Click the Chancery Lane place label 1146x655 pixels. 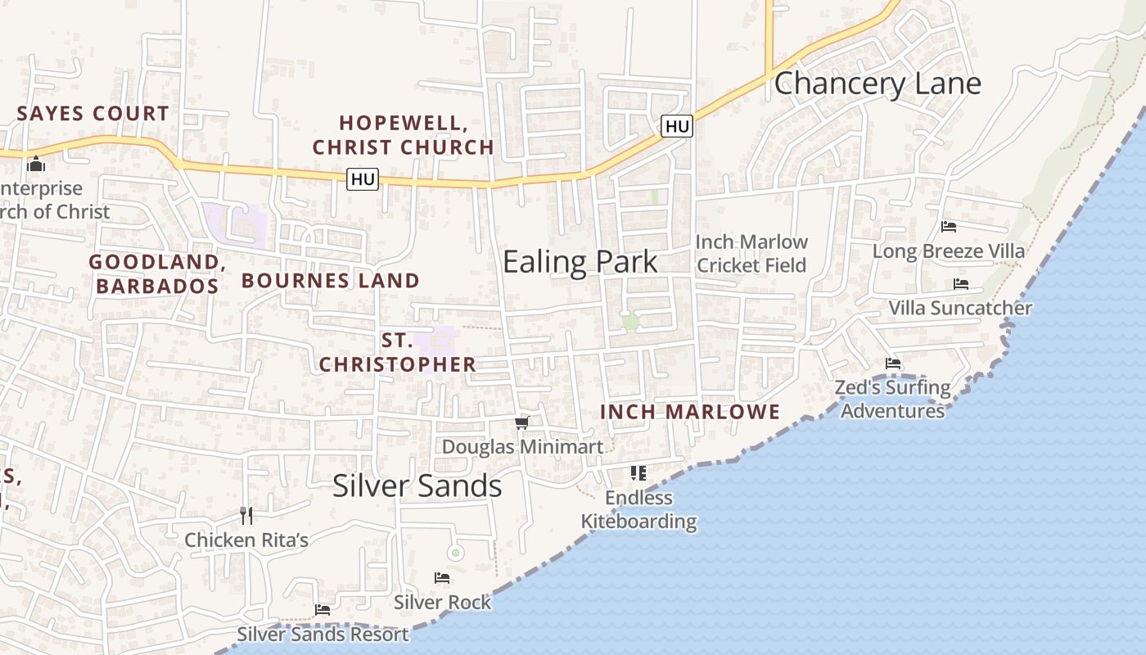[877, 84]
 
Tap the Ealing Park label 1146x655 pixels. [580, 262]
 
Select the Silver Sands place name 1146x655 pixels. [417, 486]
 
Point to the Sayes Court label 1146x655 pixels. [93, 114]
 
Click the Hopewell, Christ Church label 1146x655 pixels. [404, 135]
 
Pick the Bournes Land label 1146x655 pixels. [331, 281]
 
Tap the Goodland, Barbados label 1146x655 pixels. [157, 273]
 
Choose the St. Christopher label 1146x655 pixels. [398, 353]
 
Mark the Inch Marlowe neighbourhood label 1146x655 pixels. [690, 412]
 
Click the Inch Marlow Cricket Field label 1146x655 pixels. [751, 253]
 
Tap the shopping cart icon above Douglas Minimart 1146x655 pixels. [522, 423]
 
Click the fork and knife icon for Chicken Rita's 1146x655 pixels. [246, 516]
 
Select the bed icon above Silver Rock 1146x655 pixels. [442, 578]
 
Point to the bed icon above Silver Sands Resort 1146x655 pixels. [323, 610]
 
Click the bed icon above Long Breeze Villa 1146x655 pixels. [949, 227]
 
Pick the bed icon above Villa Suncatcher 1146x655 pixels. [961, 284]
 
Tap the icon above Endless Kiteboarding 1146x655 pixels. [638, 473]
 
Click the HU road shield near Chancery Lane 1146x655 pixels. [677, 126]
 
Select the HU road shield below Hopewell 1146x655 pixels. [363, 178]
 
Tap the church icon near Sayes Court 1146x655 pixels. [35, 165]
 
